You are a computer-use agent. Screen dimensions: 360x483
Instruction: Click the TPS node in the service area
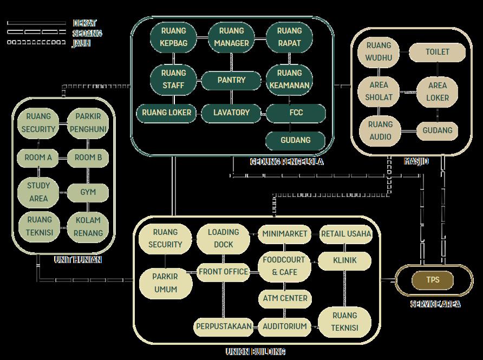coord(433,280)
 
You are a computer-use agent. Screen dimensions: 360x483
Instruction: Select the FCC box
coord(296,113)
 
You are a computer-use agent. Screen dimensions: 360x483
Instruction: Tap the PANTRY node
coord(231,80)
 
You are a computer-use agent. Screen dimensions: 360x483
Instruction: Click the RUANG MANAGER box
coord(231,37)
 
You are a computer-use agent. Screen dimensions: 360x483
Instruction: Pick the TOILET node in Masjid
coord(437,53)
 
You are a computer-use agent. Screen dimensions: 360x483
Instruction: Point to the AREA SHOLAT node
coord(379,91)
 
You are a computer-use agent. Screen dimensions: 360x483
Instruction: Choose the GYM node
coord(88,192)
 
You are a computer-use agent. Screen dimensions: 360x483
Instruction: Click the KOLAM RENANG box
coord(88,227)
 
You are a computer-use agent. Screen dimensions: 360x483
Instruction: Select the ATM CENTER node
coord(285,298)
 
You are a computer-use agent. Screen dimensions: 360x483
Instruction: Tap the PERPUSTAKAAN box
coord(224,326)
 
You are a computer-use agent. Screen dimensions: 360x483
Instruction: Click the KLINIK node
coord(345,260)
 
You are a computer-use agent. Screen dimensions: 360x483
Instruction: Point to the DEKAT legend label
coord(84,23)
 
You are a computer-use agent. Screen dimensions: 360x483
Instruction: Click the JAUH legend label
coord(81,43)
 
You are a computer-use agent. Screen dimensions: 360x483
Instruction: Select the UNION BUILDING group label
coord(255,352)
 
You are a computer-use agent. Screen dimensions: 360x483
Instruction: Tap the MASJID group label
coord(416,161)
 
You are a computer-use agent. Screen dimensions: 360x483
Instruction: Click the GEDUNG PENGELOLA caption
coord(286,161)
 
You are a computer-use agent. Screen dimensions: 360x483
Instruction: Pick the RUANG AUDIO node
coord(380,130)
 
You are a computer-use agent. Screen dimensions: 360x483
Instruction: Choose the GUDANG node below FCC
coord(296,140)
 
